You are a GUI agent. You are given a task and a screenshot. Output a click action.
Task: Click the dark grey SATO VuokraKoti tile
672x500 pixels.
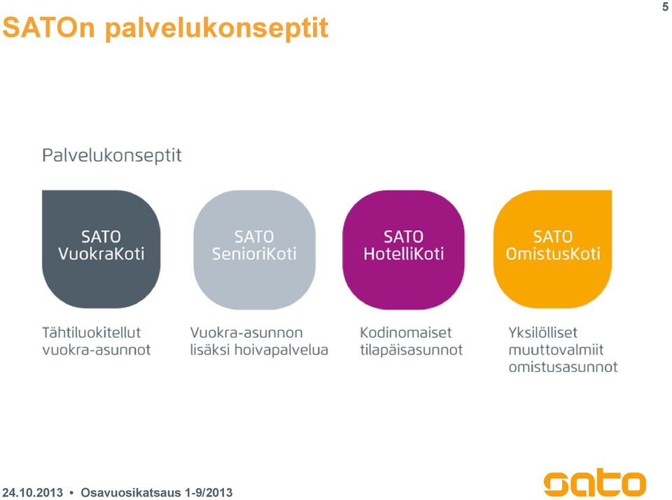tap(101, 249)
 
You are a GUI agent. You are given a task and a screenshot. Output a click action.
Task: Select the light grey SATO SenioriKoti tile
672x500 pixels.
tap(254, 250)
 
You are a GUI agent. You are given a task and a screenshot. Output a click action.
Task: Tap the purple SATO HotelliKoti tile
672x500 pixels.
tap(403, 250)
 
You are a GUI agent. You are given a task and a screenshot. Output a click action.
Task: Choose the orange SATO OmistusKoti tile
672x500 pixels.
tap(552, 249)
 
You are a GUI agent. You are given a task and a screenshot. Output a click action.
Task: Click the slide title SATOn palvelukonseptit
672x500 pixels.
tap(165, 28)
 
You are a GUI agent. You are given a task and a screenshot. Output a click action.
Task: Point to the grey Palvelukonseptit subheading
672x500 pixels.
tap(112, 155)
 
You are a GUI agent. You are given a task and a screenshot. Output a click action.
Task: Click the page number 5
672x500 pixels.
tap(665, 6)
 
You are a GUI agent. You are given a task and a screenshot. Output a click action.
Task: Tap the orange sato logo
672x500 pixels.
tap(595, 482)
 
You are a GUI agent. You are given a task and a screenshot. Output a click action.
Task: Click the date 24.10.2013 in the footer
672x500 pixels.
tap(33, 492)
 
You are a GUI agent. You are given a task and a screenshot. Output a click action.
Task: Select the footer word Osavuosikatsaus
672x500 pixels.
tap(131, 492)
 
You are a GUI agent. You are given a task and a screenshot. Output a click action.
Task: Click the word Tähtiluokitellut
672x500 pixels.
tap(91, 333)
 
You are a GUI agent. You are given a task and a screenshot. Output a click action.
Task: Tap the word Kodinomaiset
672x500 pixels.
tap(406, 333)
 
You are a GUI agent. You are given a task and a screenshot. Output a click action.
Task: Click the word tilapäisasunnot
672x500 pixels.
tap(412, 350)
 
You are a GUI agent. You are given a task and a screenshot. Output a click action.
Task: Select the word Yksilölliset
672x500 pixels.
tap(543, 333)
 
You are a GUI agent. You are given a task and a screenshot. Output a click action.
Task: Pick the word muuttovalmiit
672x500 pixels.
tap(556, 350)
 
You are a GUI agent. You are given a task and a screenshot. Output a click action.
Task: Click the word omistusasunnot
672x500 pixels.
tap(563, 367)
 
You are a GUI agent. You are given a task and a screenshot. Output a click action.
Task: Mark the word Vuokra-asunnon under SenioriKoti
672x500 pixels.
tap(246, 333)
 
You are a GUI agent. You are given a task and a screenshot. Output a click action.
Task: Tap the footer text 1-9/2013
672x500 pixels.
tap(209, 492)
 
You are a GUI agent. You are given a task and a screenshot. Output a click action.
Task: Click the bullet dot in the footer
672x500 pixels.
tap(71, 493)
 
